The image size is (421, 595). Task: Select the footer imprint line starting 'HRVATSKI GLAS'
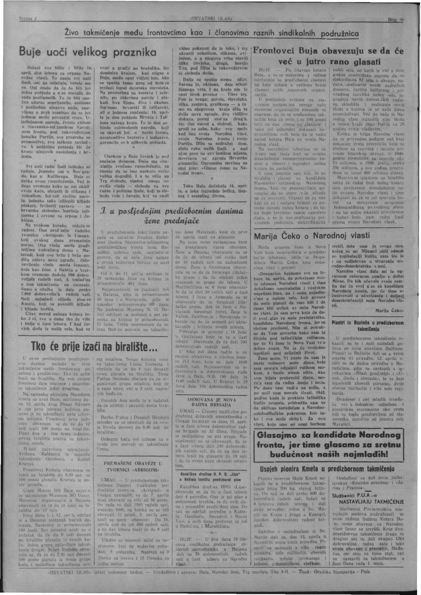210,587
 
